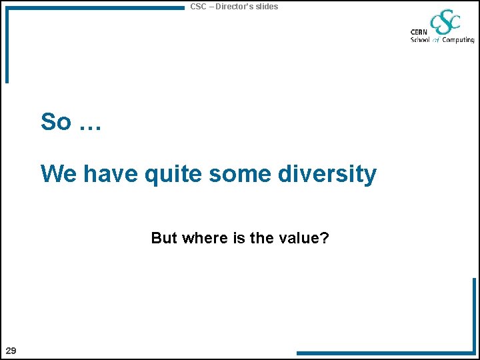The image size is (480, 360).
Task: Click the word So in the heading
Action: click(x=55, y=122)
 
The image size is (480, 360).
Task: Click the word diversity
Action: click(x=327, y=175)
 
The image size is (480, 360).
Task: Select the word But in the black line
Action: click(x=164, y=238)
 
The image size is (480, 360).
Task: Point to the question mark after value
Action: click(x=324, y=238)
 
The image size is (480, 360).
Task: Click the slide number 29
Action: click(x=11, y=351)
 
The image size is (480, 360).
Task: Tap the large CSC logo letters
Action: click(x=445, y=23)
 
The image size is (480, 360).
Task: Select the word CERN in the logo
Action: click(x=419, y=32)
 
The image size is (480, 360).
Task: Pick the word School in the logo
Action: click(x=420, y=40)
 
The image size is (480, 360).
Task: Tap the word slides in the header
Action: click(x=267, y=7)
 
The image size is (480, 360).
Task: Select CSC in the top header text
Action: click(x=198, y=7)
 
